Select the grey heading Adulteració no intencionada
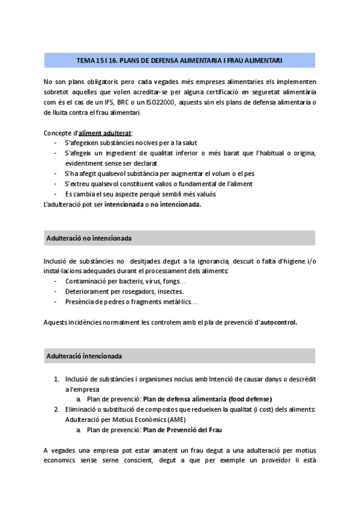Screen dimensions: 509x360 click(89, 238)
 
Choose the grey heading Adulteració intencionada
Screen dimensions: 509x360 click(83, 356)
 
